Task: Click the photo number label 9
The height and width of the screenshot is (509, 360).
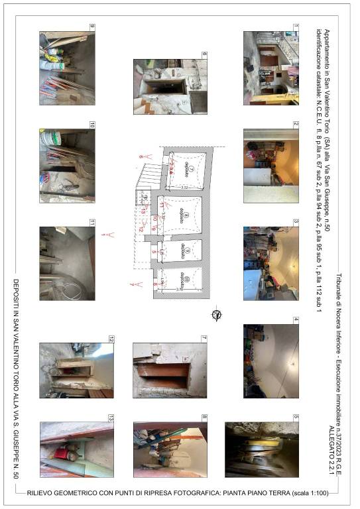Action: pyautogui.click(x=92, y=27)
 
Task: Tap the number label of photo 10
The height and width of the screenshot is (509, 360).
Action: pyautogui.click(x=92, y=125)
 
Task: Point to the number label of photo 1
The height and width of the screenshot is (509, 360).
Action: pyautogui.click(x=296, y=27)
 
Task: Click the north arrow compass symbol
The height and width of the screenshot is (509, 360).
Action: pyautogui.click(x=215, y=314)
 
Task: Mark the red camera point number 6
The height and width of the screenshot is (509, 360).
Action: pyautogui.click(x=141, y=157)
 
